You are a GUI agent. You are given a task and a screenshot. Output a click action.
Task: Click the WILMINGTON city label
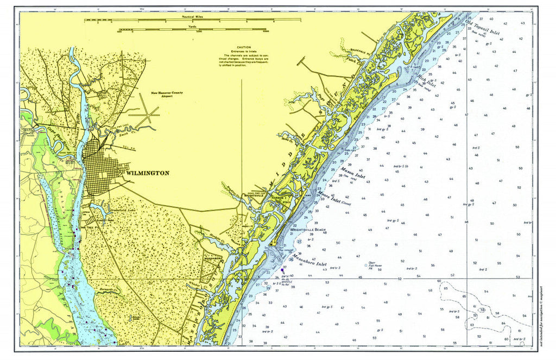click(147, 173)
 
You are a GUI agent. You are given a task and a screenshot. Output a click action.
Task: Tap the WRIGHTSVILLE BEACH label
click(308, 230)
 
